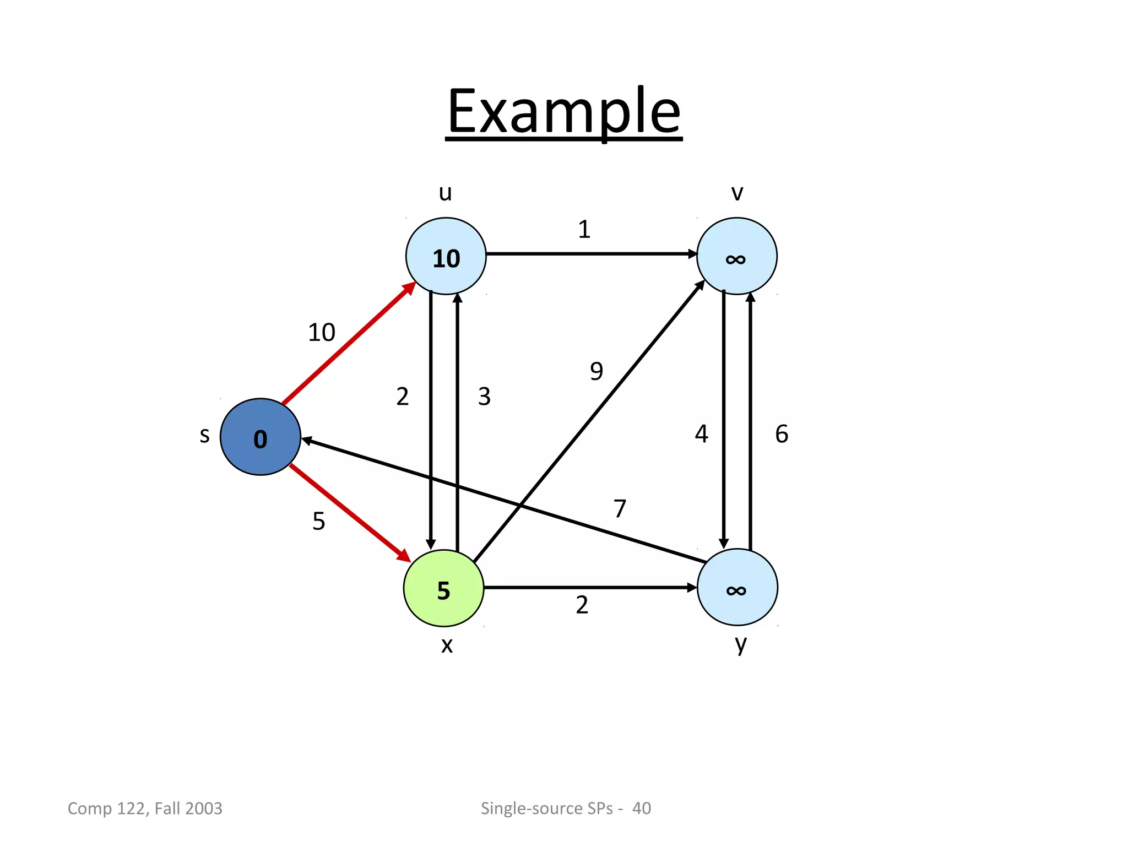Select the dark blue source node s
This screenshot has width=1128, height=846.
(x=260, y=437)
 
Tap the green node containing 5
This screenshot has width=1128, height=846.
(x=444, y=588)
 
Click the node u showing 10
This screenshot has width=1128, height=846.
(x=446, y=256)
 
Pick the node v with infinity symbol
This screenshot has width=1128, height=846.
(x=736, y=256)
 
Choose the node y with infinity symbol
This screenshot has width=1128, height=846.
(x=737, y=588)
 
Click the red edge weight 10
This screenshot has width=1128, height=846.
(x=321, y=333)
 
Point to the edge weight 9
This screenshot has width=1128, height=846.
(x=596, y=371)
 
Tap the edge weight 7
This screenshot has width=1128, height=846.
(x=620, y=508)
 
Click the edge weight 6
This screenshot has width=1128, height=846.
(x=782, y=434)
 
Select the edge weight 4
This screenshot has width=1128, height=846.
(x=701, y=434)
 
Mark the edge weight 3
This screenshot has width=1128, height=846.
(x=484, y=397)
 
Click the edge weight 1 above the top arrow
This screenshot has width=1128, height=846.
(x=584, y=229)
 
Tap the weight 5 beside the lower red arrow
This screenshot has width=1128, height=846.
(x=319, y=521)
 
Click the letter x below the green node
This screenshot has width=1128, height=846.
(x=447, y=645)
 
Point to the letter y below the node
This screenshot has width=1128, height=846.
(x=741, y=644)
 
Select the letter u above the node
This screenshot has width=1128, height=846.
(x=445, y=193)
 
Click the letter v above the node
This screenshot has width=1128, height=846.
(x=737, y=193)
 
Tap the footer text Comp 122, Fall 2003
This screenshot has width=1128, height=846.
(x=145, y=808)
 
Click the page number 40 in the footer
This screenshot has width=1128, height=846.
(x=641, y=808)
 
